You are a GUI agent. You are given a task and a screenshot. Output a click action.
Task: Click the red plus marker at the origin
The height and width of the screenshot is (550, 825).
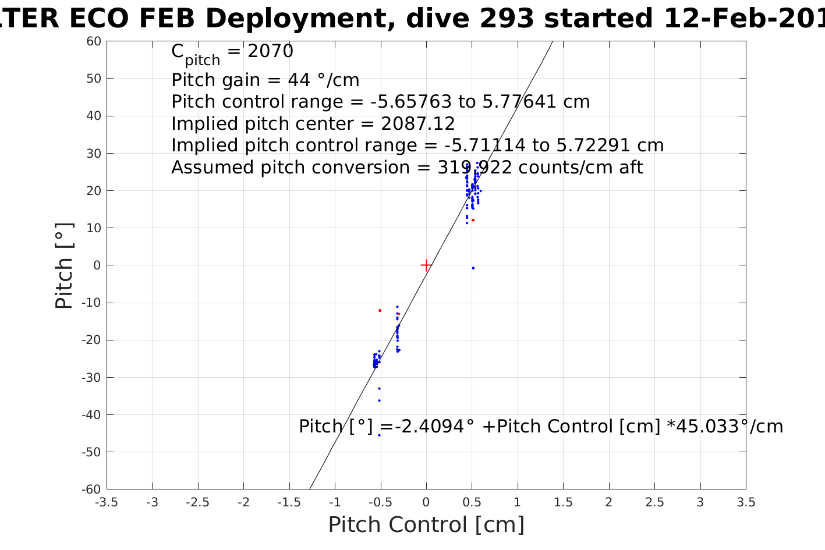coord(426,265)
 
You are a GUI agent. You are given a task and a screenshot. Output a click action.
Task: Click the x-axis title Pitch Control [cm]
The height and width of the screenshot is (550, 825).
coord(426,524)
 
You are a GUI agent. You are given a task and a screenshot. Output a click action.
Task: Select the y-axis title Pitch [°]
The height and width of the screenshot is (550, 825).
coord(64,265)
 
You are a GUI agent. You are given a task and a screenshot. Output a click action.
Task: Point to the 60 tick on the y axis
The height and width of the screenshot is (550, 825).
coord(94,41)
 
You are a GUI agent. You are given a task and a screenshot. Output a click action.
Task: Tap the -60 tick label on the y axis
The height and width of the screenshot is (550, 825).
coord(91,489)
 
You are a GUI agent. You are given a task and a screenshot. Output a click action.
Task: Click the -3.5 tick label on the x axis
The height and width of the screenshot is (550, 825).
coord(107,502)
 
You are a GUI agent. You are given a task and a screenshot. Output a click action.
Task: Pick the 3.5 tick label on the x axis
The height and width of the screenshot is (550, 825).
coord(746,502)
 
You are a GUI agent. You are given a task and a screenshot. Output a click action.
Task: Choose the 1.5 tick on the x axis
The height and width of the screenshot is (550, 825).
coord(563,502)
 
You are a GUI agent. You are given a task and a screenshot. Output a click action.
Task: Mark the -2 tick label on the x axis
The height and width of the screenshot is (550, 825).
coord(243,502)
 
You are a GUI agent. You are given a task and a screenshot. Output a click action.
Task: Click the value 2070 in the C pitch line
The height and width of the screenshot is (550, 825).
coord(270,52)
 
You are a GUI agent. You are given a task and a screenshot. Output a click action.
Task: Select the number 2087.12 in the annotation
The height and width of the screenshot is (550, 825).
coord(417,124)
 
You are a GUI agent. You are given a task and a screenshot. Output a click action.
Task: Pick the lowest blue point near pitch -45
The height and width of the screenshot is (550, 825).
coord(379,435)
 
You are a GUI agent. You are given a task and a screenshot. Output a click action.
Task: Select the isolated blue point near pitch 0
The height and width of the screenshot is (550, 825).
coord(473,268)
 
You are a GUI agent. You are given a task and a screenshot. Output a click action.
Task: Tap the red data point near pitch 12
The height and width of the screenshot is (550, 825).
coord(473,220)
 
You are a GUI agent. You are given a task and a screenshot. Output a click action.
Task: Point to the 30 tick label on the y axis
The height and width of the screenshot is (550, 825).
coord(94,154)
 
